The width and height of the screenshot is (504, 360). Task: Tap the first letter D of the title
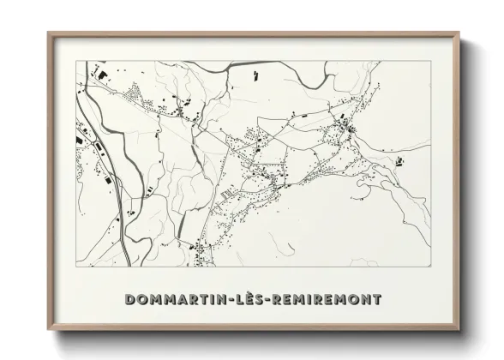click(129, 300)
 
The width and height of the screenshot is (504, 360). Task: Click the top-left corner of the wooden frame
click(48, 33)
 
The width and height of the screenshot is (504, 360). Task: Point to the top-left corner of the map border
click(75, 61)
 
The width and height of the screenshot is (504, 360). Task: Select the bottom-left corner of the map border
click(75, 268)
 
